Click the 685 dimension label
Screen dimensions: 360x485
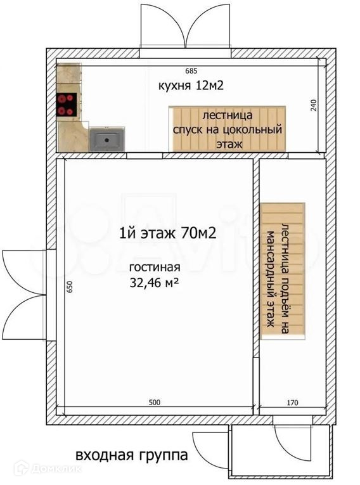(191, 71)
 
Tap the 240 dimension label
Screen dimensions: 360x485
(314, 105)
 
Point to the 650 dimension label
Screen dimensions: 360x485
(70, 287)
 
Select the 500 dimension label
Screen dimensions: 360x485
(155, 402)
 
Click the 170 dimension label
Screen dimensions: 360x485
(293, 403)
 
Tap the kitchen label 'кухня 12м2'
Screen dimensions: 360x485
(191, 85)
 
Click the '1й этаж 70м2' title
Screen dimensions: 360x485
(167, 233)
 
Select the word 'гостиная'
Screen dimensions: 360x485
(155, 268)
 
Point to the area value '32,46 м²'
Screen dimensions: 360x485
(154, 283)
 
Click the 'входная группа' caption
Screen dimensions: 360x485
(132, 455)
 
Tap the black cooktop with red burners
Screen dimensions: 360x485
(66, 105)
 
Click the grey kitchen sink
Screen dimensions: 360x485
(107, 140)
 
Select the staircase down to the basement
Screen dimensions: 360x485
(227, 129)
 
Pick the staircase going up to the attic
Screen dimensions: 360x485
(283, 271)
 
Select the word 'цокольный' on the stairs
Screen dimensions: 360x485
(252, 129)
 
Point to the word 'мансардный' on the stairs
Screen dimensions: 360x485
(271, 279)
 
